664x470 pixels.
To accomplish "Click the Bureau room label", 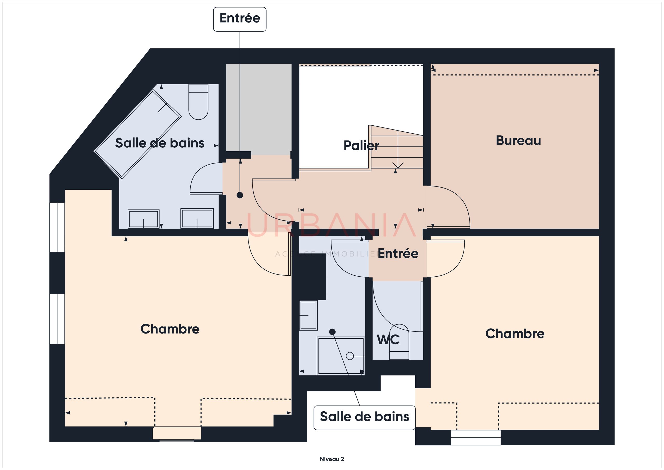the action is click(x=518, y=141).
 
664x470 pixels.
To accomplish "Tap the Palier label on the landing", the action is click(x=361, y=145).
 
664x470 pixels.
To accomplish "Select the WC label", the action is click(x=388, y=339).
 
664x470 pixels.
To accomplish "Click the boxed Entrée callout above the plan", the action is click(x=240, y=19).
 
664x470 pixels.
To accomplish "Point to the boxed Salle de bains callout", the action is click(x=364, y=418).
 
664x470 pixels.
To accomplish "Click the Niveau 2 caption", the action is click(x=332, y=459).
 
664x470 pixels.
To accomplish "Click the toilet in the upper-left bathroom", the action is click(x=198, y=102).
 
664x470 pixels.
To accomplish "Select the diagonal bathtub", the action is click(x=138, y=134).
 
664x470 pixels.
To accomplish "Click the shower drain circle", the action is click(x=350, y=356).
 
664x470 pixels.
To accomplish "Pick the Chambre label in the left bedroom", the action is click(x=170, y=329).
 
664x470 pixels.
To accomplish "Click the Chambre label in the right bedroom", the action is click(x=515, y=334).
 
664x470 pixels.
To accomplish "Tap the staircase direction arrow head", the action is click(x=398, y=165).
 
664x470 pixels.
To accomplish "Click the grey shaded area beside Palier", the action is click(x=259, y=109).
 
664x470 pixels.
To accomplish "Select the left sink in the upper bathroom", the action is click(x=143, y=219).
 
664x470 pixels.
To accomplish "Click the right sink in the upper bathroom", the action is click(x=197, y=218).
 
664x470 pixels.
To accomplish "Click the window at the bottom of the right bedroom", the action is click(x=475, y=437).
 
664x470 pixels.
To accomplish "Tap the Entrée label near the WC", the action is click(x=398, y=254).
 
